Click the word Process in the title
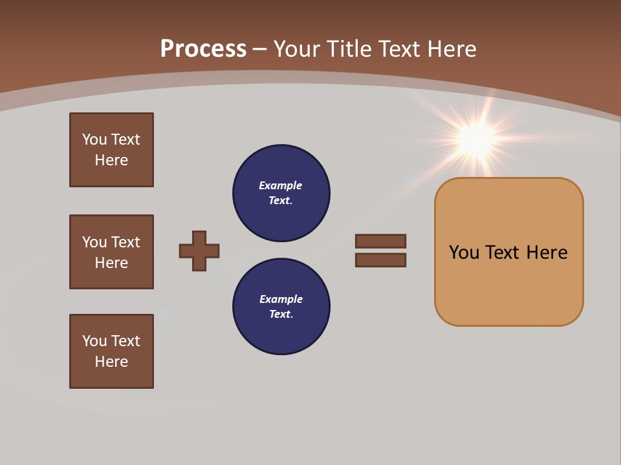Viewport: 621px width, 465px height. [203, 49]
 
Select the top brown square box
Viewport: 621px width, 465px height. [111, 150]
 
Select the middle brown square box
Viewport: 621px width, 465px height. [111, 252]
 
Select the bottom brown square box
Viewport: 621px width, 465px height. [111, 351]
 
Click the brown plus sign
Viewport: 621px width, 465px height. [199, 251]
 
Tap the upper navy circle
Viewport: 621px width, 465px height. [281, 193]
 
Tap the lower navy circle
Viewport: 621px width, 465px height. [281, 307]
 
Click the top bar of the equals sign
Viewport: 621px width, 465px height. [380, 241]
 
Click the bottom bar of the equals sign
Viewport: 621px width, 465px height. [380, 260]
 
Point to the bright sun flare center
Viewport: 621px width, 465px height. [477, 138]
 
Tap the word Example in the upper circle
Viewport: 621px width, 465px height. [280, 186]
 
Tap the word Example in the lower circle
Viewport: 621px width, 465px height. [281, 300]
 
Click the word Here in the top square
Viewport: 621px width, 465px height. [111, 160]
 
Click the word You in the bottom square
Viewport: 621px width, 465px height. [94, 341]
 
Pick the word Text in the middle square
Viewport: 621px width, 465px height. [125, 242]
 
